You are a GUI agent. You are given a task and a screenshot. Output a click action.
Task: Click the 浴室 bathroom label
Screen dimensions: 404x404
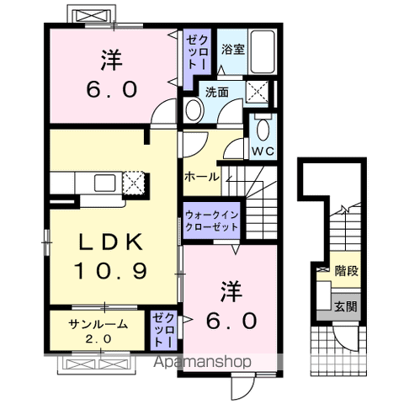(233, 50)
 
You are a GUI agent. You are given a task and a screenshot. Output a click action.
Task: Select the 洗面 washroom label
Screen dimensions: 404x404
(216, 92)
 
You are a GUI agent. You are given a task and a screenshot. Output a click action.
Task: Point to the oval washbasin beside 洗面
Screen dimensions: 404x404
(193, 110)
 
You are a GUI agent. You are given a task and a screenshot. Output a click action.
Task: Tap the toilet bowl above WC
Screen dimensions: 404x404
(263, 130)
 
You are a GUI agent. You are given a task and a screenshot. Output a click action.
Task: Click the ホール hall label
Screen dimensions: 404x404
(202, 178)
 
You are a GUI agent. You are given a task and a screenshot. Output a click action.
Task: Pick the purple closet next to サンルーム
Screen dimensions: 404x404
(162, 332)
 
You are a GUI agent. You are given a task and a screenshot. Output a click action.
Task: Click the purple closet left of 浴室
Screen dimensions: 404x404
(195, 51)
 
